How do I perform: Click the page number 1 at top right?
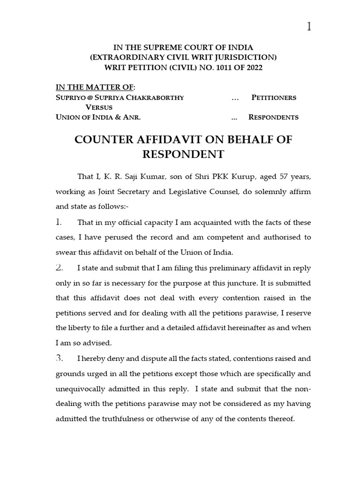[x=309, y=27]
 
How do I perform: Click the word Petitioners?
[x=274, y=98]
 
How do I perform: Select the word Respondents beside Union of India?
[x=273, y=117]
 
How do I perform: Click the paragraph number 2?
[x=59, y=268]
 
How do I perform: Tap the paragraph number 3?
[x=59, y=359]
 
